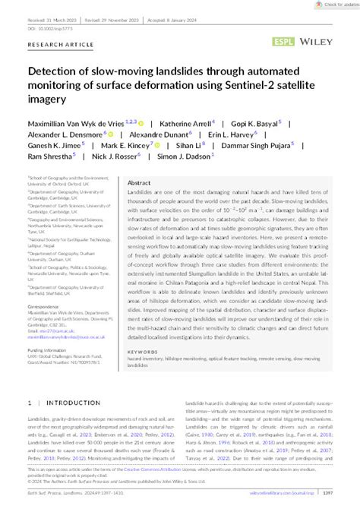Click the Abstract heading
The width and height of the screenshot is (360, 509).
(x=140, y=183)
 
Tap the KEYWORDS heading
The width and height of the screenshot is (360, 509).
(x=142, y=352)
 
